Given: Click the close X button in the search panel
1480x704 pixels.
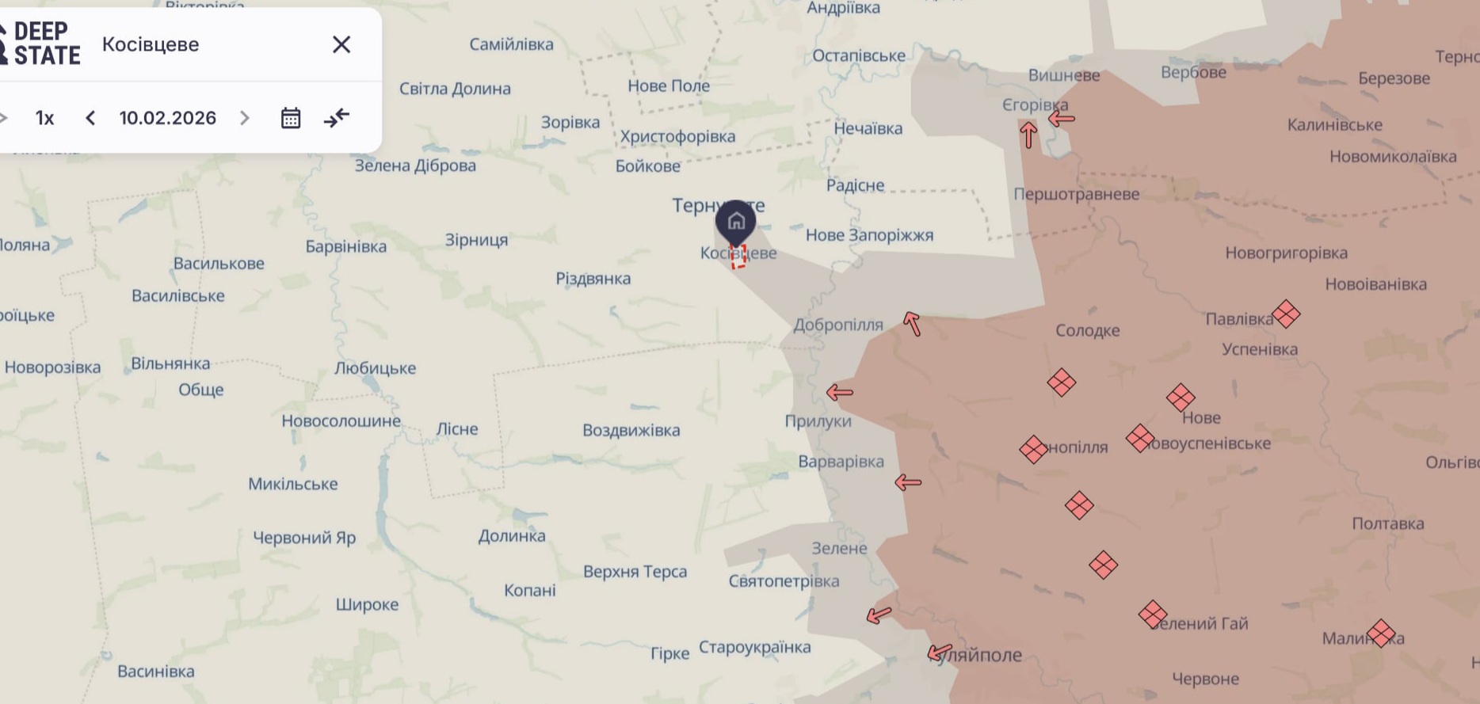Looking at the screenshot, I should tap(341, 44).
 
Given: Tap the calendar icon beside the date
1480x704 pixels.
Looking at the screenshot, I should tap(291, 118).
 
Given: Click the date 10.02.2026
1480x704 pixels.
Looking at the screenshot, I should tap(167, 118).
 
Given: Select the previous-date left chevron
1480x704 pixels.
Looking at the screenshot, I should tap(90, 118).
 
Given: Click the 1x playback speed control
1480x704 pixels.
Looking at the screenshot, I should tap(44, 118).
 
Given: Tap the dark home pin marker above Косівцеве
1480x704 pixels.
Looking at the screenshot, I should tap(735, 221).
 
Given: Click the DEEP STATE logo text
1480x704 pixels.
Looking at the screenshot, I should tap(47, 44).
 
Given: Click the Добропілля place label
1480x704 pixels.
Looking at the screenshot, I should tap(838, 325).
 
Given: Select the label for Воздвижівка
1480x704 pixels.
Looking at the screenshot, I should tap(631, 430).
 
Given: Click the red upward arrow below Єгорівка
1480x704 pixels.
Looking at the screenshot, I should tap(1028, 135).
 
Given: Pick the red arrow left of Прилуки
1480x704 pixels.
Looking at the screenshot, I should tap(839, 392).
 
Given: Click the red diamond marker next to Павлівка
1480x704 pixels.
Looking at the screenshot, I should tap(1286, 314).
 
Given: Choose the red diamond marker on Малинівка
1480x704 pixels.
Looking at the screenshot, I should tap(1380, 634).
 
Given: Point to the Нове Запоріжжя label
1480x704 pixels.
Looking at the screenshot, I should tap(869, 235).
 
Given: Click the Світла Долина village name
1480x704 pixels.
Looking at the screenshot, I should tap(455, 89).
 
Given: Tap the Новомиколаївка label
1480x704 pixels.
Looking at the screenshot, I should tap(1393, 156).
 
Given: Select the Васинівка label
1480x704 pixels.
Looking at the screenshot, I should tap(156, 672).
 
